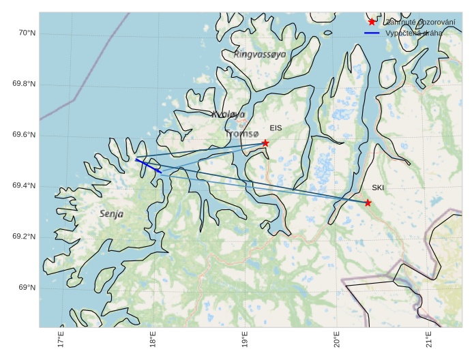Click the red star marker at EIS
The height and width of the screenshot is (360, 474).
tap(265, 143)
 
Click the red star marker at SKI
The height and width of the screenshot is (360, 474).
tap(368, 202)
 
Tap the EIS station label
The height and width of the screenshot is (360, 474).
tap(276, 128)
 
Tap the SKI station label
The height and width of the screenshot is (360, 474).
tap(378, 187)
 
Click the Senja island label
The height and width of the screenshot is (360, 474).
tap(111, 214)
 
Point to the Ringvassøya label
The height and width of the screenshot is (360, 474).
tap(260, 54)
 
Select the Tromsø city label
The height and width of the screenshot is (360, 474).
tap(242, 134)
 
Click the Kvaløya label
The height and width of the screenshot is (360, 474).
tap(228, 115)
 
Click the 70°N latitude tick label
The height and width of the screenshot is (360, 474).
tap(26, 33)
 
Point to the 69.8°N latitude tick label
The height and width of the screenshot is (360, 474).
tap(23, 84)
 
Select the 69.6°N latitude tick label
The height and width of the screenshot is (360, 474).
tap(23, 135)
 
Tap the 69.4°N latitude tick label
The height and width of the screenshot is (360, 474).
tap(23, 186)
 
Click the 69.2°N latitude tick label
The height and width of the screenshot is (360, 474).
tap(23, 237)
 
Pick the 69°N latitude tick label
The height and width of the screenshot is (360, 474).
tap(26, 288)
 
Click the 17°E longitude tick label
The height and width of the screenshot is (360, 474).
tap(61, 340)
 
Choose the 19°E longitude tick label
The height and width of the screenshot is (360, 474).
tap(245, 340)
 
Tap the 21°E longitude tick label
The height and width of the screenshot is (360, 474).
tap(428, 340)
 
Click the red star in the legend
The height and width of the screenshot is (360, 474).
tap(372, 22)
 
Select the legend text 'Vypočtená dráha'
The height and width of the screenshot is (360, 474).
tap(413, 33)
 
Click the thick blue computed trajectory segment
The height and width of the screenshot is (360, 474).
tap(149, 166)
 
